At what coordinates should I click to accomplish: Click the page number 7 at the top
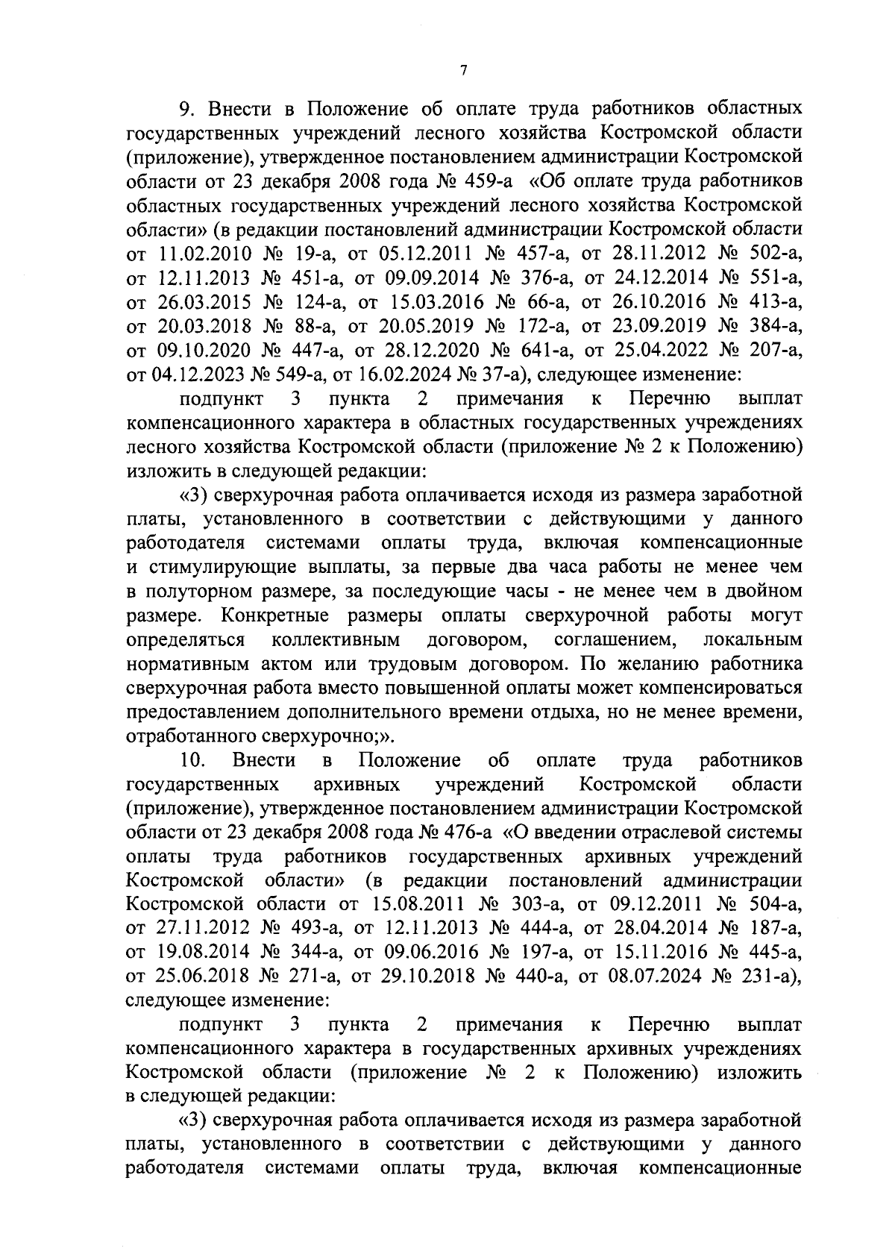(x=463, y=71)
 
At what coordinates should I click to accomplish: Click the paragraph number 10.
(x=192, y=760)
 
